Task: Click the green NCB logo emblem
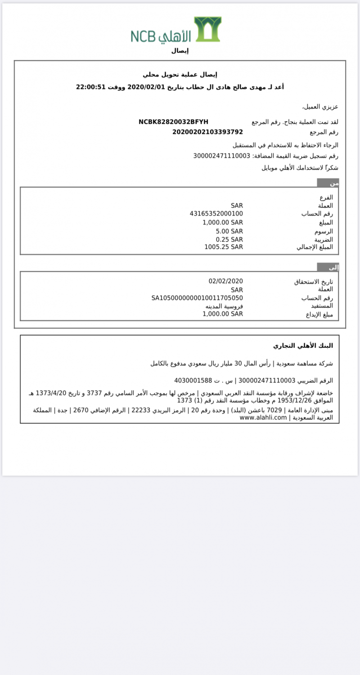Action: [x=207, y=29]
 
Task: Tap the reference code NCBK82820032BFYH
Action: [x=173, y=122]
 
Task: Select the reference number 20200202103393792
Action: [x=207, y=132]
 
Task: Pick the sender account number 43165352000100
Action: [x=216, y=214]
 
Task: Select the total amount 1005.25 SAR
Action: [x=224, y=247]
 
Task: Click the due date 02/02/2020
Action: [x=225, y=281]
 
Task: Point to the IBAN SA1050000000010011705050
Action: [x=197, y=298]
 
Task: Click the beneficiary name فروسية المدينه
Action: [x=224, y=306]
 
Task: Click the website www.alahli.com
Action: [x=263, y=418]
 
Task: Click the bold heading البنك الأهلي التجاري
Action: [x=303, y=346]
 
